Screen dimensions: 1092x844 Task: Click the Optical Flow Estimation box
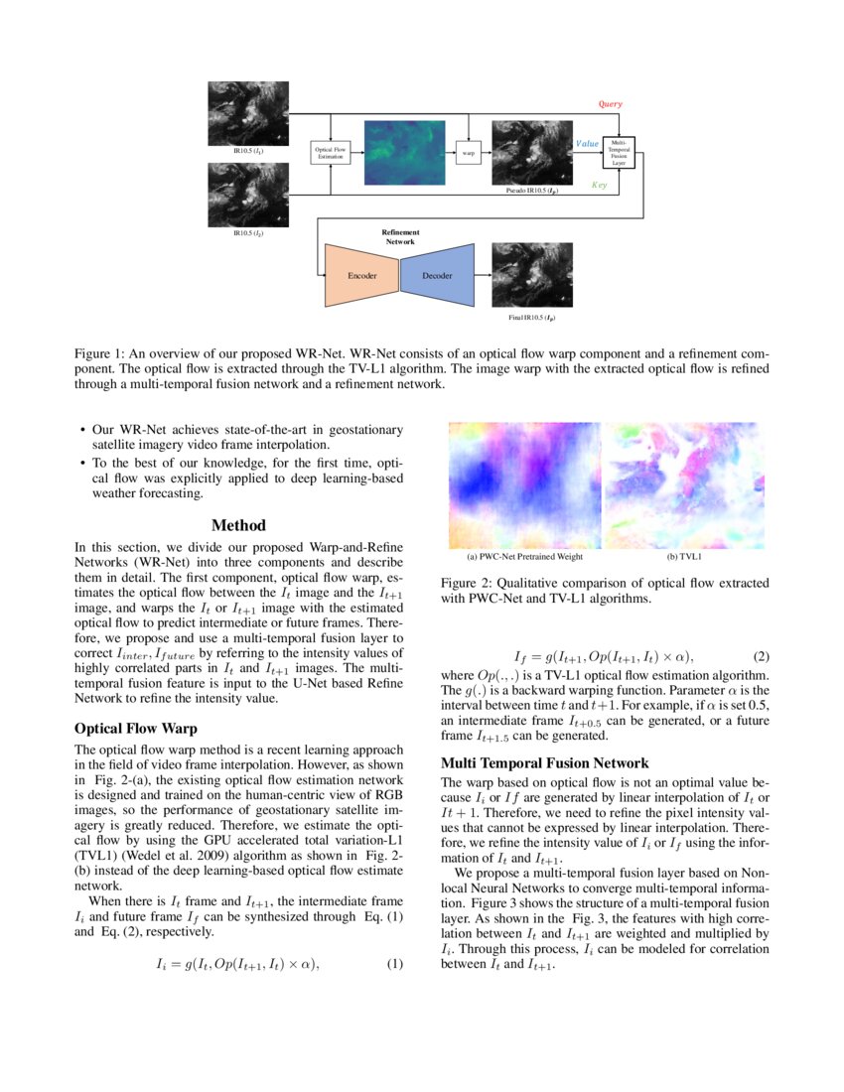point(331,153)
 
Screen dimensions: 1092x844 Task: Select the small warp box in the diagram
point(467,153)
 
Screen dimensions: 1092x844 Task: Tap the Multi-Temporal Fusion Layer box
point(618,153)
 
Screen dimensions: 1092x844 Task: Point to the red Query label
point(610,103)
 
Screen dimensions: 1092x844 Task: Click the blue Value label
point(587,144)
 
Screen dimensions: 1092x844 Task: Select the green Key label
point(599,185)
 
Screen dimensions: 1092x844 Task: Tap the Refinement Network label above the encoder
point(398,236)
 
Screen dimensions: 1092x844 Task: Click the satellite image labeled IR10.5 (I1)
point(248,113)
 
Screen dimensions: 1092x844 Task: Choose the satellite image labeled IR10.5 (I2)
point(248,195)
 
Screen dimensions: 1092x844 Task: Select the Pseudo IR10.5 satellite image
point(525,152)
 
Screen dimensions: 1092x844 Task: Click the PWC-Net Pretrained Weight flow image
point(524,483)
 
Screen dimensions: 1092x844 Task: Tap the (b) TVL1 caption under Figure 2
point(683,557)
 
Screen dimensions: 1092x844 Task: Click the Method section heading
point(238,525)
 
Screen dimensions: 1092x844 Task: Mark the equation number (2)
point(761,656)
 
